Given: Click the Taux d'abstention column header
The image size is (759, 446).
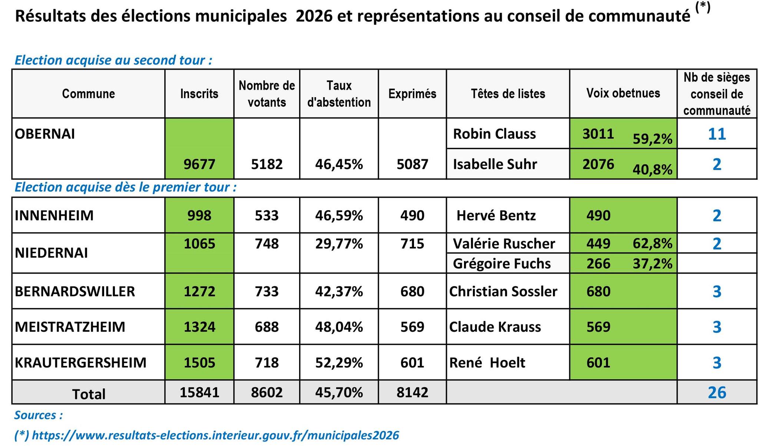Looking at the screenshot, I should [x=339, y=94].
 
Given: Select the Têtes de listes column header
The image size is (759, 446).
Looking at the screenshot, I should [x=508, y=94].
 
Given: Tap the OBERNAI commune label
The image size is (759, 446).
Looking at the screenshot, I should [x=45, y=134].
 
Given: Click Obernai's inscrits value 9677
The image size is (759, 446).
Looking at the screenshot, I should [x=199, y=164].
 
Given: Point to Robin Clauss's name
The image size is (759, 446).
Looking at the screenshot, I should [x=494, y=134].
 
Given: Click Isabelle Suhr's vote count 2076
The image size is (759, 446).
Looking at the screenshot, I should [x=598, y=164].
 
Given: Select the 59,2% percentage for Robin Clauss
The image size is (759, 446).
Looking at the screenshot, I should [x=652, y=139].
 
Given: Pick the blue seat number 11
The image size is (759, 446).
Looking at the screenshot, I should [x=717, y=134].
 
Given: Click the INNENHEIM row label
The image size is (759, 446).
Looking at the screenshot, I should [x=54, y=215].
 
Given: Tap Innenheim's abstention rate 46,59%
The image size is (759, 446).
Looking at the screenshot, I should [x=339, y=215].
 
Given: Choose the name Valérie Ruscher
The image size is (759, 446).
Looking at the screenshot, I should [x=504, y=244].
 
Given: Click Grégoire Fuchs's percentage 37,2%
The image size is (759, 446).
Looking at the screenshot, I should [x=652, y=264].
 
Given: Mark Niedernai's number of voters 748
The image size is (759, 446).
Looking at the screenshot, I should [x=267, y=244].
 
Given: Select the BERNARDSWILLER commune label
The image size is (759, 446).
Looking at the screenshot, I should [x=75, y=291].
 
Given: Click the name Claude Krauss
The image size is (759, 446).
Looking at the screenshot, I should [x=495, y=327].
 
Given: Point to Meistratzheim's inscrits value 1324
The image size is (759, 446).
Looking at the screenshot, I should [x=199, y=327].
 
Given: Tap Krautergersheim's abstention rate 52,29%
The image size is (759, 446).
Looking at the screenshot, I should [x=339, y=362].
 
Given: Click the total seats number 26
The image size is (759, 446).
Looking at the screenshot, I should [x=717, y=392].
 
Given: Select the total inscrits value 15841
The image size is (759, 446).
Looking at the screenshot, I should [x=199, y=392].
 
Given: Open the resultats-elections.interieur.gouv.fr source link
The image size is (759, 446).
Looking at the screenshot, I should [x=215, y=435].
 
